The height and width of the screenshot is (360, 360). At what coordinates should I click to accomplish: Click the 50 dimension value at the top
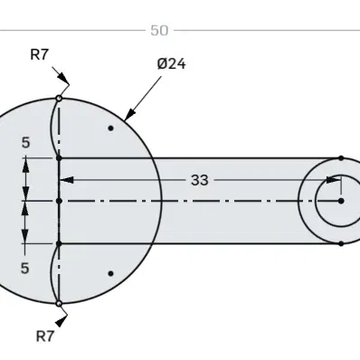(x=159, y=31)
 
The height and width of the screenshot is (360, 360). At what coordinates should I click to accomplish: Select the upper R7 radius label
(x=40, y=54)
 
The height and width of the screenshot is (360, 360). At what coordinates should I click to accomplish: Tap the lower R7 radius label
(x=45, y=336)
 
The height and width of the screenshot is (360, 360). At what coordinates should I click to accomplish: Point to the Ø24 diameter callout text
(x=171, y=64)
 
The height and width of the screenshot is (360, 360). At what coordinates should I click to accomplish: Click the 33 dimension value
(x=200, y=180)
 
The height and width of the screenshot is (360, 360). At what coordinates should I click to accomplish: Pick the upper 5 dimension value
(x=25, y=143)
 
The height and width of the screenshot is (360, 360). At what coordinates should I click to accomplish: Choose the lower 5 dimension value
(x=25, y=267)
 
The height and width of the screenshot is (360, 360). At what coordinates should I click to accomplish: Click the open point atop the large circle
(x=59, y=99)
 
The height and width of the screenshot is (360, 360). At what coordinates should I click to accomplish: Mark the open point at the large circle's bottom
(x=59, y=303)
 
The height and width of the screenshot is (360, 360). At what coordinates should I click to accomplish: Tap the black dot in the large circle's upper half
(x=110, y=128)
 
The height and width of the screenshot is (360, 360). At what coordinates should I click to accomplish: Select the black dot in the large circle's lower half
(x=110, y=273)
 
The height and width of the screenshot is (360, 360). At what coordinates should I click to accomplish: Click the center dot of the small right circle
(x=341, y=201)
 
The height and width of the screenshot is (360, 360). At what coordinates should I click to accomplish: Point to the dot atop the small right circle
(x=341, y=157)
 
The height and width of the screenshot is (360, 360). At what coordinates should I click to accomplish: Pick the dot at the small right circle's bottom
(x=341, y=243)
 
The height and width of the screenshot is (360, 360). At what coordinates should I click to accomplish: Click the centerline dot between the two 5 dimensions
(x=59, y=201)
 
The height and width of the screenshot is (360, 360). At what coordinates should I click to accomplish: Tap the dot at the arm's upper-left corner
(x=59, y=157)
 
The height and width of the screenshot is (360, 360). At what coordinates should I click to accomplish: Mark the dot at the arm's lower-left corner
(x=59, y=243)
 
